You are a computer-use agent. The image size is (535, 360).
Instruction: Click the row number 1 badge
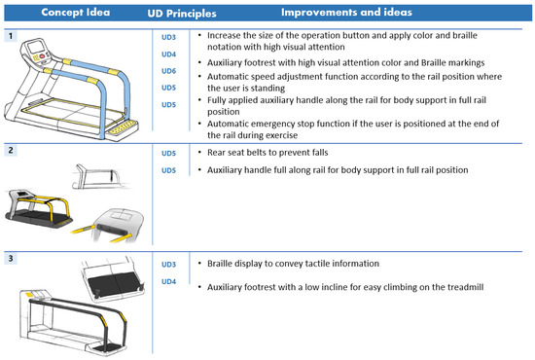point(9,36)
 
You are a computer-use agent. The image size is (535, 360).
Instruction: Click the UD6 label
point(168,71)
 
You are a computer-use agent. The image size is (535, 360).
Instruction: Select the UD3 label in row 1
point(168,37)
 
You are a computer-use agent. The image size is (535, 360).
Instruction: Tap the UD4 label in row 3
point(168,281)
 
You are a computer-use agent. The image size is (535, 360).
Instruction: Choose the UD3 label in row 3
point(168,265)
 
